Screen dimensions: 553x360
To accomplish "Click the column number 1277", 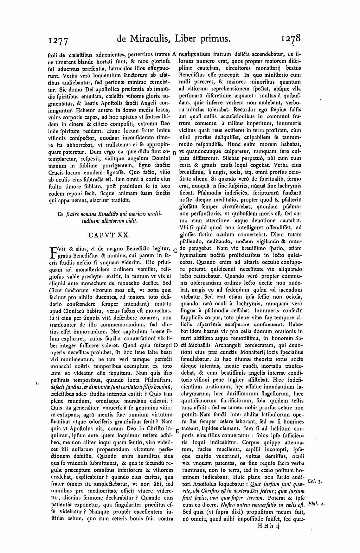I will pyautogui.click(x=57, y=41).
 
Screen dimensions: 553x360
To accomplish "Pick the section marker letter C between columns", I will pyautogui.click(x=175, y=250).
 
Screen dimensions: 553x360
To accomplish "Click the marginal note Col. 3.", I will pyautogui.click(x=313, y=480).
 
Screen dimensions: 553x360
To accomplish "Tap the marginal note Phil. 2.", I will pyautogui.click(x=315, y=504).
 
